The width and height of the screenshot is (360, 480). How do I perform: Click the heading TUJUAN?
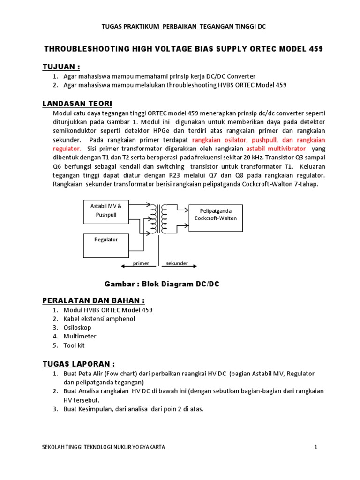pyautogui.click(x=61, y=65)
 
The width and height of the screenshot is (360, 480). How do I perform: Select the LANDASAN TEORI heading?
pyautogui.click(x=77, y=104)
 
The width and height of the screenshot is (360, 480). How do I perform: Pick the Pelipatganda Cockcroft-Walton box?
pyautogui.click(x=216, y=218)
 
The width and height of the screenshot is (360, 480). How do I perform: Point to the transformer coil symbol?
pyautogui.click(x=158, y=218)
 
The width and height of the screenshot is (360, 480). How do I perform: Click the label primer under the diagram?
pyautogui.click(x=141, y=263)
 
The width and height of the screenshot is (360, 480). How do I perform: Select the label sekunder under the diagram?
pyautogui.click(x=177, y=263)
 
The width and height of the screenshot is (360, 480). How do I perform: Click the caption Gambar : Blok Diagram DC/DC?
pyautogui.click(x=162, y=284)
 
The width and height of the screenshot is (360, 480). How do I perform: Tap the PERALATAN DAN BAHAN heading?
pyautogui.click(x=94, y=300)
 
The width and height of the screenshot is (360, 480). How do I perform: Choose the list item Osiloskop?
pyautogui.click(x=77, y=328)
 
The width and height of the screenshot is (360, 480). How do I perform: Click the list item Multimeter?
pyautogui.click(x=80, y=337)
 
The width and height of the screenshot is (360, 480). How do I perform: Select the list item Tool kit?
pyautogui.click(x=74, y=345)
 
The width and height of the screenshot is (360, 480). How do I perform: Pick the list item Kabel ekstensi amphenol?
pyautogui.click(x=99, y=319)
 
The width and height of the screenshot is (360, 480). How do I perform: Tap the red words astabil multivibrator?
pyautogui.click(x=276, y=149)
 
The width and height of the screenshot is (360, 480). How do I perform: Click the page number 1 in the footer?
pyautogui.click(x=316, y=447)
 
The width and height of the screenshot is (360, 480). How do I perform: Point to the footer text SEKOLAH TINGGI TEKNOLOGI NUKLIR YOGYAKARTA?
pyautogui.click(x=104, y=447)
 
